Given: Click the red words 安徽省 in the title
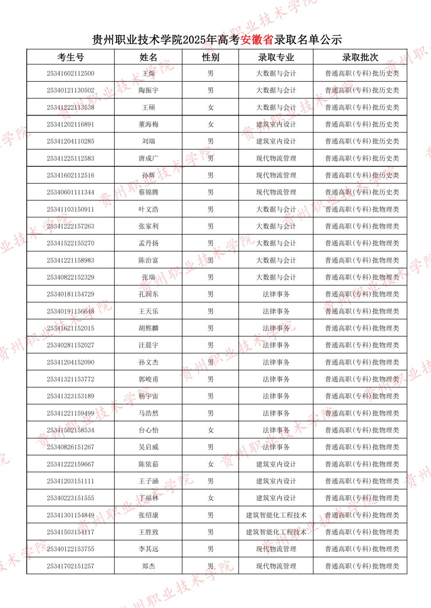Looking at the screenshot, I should click(257, 40).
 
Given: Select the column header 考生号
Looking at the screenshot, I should click(70, 57).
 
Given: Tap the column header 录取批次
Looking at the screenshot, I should click(360, 57).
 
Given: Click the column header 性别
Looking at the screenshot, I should click(210, 57).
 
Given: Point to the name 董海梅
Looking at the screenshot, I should click(149, 124).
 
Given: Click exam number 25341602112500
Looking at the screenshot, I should click(70, 74).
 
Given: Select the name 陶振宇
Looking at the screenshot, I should click(149, 90).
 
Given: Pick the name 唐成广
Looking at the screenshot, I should click(149, 158).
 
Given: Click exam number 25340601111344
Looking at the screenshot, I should click(70, 192).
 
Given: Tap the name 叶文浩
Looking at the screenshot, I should click(149, 209).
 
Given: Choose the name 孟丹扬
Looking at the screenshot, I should click(149, 243).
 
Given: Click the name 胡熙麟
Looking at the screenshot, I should click(149, 328).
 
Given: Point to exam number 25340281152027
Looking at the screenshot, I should click(70, 345).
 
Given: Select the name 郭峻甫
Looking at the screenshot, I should click(149, 379).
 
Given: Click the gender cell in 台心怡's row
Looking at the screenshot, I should click(210, 430).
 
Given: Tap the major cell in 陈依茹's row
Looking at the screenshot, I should click(276, 464).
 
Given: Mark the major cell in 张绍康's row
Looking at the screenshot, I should click(276, 515).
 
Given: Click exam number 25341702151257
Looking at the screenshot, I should click(70, 566).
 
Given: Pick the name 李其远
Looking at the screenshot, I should click(149, 549).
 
